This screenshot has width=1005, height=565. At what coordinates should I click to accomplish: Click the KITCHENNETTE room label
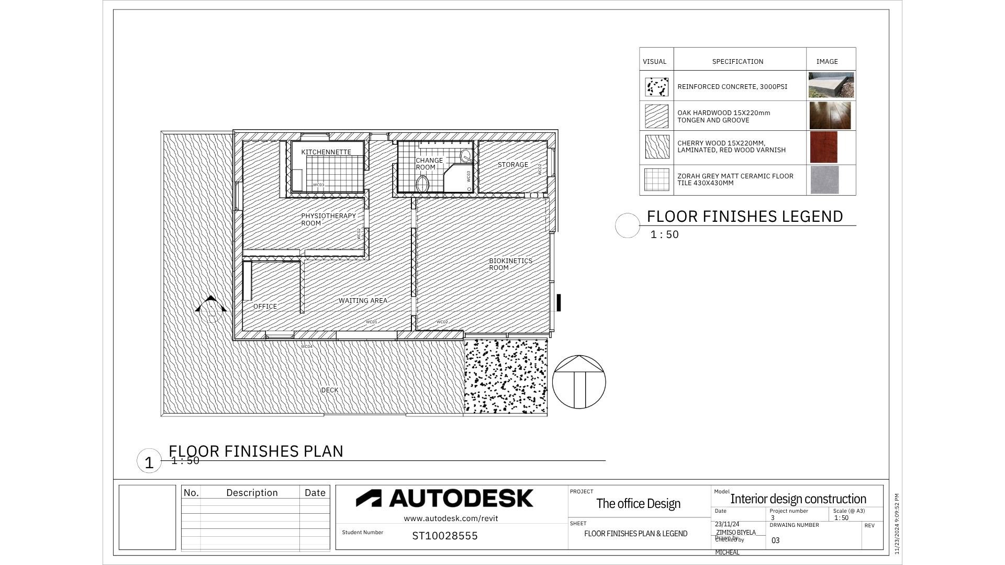click(326, 152)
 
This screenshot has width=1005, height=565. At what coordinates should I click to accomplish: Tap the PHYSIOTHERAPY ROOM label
click(328, 219)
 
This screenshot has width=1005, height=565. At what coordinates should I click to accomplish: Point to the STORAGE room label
click(512, 165)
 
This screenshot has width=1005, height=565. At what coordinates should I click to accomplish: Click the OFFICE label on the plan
click(265, 307)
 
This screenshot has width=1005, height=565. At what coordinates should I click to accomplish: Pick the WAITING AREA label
click(363, 301)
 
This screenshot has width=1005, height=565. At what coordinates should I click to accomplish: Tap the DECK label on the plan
click(329, 390)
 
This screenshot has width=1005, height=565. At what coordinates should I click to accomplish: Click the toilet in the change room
click(422, 184)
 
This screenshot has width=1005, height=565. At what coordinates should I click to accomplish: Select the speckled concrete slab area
click(506, 376)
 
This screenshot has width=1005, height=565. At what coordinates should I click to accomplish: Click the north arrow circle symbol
click(578, 382)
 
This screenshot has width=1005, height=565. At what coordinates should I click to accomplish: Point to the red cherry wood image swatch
click(823, 147)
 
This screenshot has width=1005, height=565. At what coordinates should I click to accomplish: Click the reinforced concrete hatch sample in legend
click(656, 87)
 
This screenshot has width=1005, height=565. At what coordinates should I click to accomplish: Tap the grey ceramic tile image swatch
click(824, 179)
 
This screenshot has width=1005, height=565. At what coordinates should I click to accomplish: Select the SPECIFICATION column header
click(737, 62)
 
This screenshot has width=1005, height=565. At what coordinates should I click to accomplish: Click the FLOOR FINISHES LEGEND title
click(744, 217)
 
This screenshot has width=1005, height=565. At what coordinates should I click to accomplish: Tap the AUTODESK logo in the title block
click(445, 499)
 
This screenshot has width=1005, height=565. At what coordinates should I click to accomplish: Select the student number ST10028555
click(444, 536)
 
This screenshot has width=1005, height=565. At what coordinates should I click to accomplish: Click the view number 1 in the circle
click(149, 462)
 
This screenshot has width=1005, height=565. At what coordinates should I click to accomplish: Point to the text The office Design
click(638, 504)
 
